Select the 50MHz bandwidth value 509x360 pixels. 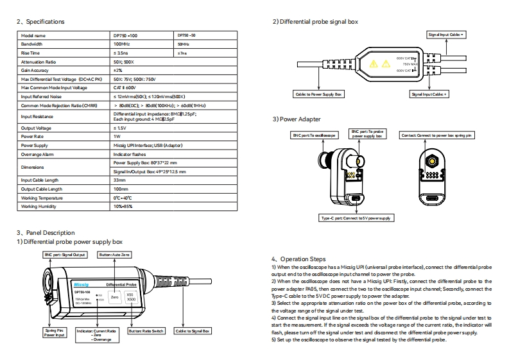[x=182, y=44]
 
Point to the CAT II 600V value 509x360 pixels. [x=123, y=87]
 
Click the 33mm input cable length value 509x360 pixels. [x=119, y=180]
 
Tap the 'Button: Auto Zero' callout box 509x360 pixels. [x=116, y=255]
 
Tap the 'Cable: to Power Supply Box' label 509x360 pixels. [x=319, y=94]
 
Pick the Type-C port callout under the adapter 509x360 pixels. [x=357, y=218]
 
